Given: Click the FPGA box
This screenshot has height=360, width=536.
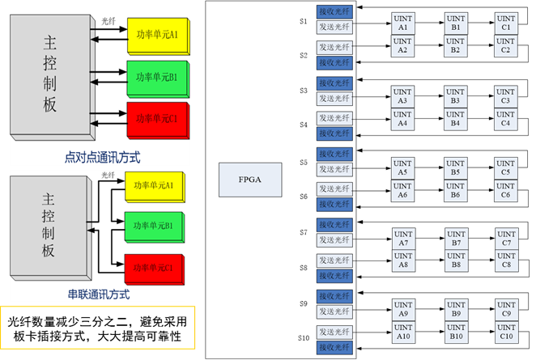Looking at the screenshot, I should pos(249,180).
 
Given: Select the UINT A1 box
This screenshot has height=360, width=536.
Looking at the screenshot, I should pos(402,23).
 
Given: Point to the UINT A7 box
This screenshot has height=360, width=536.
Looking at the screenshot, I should pos(402,239).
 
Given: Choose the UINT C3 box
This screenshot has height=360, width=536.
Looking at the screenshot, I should pos(506,96).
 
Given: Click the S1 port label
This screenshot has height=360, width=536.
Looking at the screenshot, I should pos(303,21).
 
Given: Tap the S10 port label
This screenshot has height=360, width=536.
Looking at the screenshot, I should pos(304,337).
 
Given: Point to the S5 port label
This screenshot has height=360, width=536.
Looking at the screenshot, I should pos(303,162).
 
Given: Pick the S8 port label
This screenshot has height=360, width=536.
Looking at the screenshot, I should pos(303,267).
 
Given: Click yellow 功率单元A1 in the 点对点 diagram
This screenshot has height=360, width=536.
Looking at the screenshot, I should pos(157,34).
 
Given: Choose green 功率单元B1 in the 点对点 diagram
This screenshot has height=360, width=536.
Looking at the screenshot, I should pos(157,78).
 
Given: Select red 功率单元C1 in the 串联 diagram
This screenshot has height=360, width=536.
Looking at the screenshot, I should pos(154,266).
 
